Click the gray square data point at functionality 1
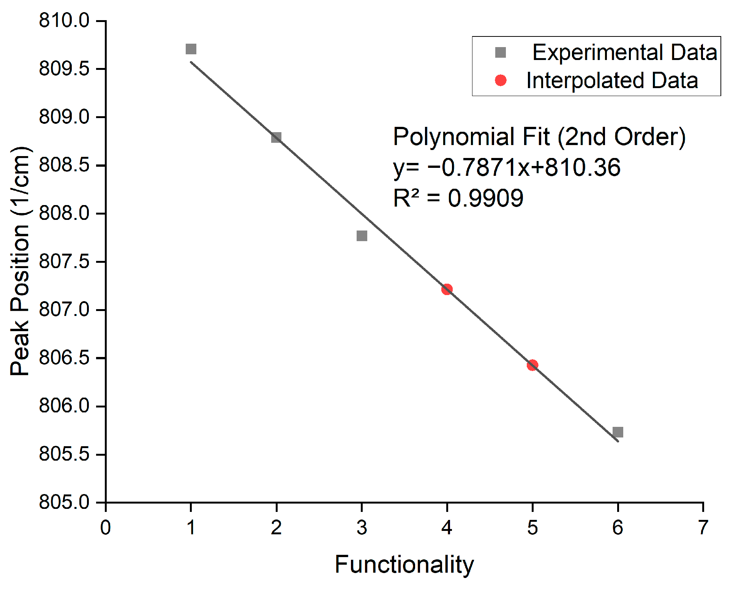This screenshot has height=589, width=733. point(191,49)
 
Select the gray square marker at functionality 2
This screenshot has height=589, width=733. point(276,137)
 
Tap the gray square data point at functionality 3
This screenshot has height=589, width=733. point(362,236)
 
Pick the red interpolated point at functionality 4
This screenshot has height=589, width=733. point(447,289)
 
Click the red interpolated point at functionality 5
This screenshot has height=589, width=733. point(532,365)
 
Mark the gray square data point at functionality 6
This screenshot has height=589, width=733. point(618,432)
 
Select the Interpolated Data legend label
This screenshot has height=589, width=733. point(612,81)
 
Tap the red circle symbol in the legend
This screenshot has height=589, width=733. point(501,81)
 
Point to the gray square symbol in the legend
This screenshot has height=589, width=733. point(501,52)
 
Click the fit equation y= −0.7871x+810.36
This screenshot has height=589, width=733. point(507,167)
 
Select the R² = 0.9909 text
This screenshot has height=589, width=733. point(458,198)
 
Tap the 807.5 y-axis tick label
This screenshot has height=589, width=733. point(64,261)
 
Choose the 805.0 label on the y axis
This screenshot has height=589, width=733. point(64,502)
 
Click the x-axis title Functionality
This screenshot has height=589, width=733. point(404,565)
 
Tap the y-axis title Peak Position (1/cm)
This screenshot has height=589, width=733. point(20,261)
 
